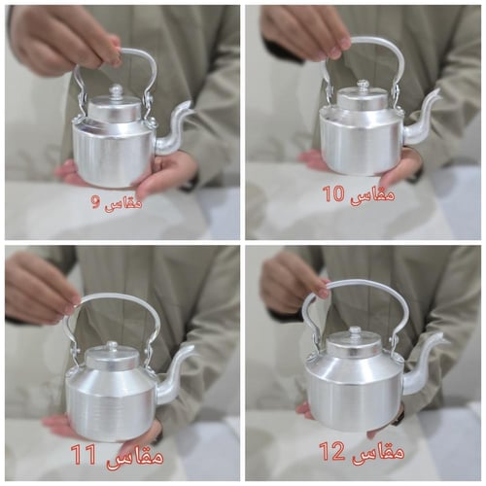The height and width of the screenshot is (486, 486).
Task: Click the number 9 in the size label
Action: pyautogui.click(x=95, y=203)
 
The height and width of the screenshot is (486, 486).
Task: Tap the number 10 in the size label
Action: pyautogui.click(x=333, y=194)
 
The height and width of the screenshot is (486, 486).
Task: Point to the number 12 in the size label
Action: pyautogui.click(x=332, y=451)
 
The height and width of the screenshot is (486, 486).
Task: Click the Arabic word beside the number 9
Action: pyautogui.click(x=123, y=203)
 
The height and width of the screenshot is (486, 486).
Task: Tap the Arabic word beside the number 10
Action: pyautogui.click(x=371, y=194)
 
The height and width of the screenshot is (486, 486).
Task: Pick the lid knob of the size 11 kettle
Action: pyautogui.click(x=113, y=345)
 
